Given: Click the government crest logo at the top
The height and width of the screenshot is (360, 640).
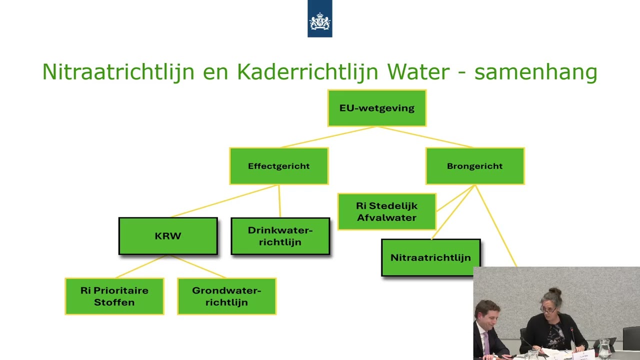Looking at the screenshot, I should click(319, 19).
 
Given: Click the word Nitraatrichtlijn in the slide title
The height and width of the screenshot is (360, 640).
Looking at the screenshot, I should click(118, 72).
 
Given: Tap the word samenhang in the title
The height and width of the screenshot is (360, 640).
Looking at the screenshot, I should click(535, 72).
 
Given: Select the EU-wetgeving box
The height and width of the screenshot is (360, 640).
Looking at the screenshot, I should click(376, 108).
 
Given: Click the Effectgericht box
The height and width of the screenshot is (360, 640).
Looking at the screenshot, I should click(278, 166).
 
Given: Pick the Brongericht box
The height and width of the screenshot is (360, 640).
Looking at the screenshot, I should click(474, 166).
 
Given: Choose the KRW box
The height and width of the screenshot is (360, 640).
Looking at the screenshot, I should click(168, 236).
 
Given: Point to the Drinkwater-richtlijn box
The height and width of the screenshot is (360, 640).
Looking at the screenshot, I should click(280, 236).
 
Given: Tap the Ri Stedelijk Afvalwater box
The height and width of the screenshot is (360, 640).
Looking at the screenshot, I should click(386, 211).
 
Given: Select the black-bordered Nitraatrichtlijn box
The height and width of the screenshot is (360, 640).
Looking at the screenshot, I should click(430, 258).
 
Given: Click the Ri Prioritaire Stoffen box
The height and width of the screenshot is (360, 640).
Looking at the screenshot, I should click(114, 296).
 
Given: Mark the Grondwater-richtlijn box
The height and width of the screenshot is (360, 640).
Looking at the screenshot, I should click(226, 296).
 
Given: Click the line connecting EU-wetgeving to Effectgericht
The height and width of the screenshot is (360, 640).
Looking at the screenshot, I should click(327, 137).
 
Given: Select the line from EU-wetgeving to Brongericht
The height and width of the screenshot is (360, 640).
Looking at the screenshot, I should click(425, 137).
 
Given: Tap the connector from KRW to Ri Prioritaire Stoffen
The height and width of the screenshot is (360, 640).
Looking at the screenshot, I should click(141, 266).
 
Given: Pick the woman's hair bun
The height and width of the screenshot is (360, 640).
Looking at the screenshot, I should click(555, 291).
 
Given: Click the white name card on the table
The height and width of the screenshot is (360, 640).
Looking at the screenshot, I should click(583, 356).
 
